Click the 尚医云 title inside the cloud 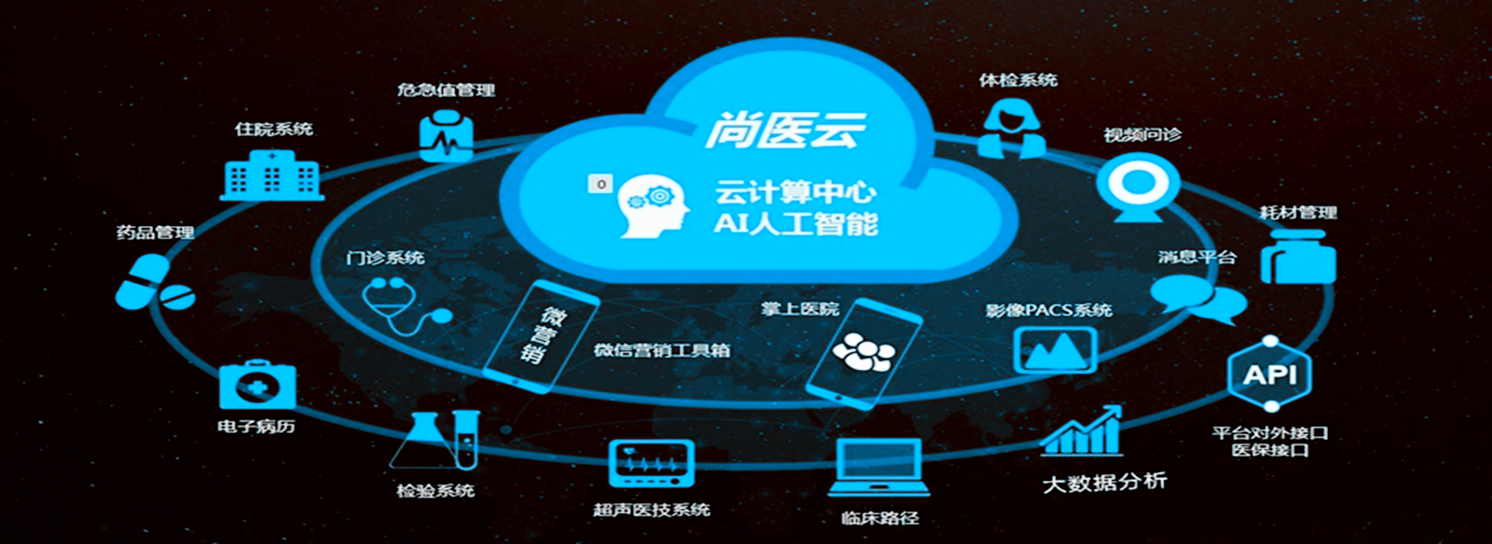coord(785,131)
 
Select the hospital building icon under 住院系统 coord(272,176)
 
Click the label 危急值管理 coord(446,90)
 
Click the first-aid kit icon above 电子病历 coord(257,385)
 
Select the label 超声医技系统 coord(651,510)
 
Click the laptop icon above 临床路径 coord(879,466)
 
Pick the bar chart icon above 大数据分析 coord(1082,431)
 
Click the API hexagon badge coord(1270,375)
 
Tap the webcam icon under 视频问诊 coord(1138,187)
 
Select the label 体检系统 coord(1018,80)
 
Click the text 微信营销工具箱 coord(662,350)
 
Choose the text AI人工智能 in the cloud coord(796,224)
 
